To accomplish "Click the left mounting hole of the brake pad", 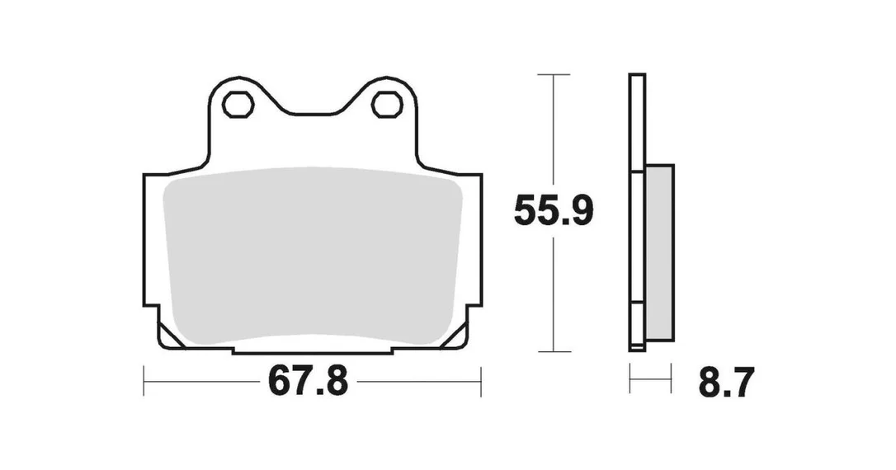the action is point(238,105).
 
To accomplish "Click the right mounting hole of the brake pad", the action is point(387,105).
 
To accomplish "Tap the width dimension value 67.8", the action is point(308,381).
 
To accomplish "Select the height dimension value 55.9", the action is point(553,211).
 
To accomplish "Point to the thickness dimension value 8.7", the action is point(726,382).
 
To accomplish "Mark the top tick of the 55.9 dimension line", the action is point(553,74).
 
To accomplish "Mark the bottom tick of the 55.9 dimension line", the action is point(553,351).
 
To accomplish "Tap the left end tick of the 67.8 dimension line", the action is point(144,381).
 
